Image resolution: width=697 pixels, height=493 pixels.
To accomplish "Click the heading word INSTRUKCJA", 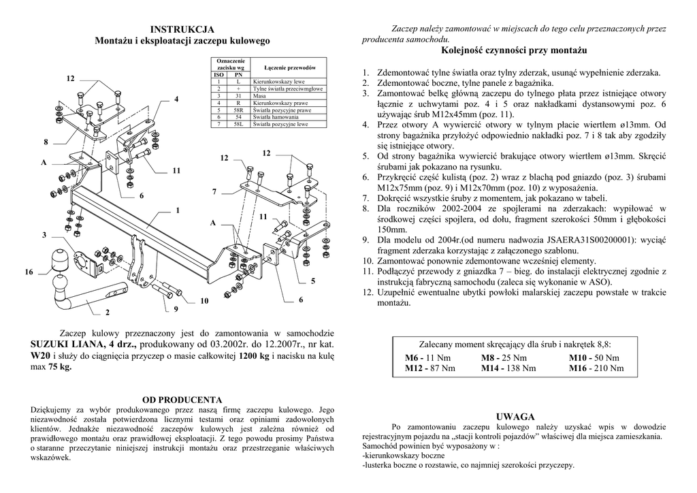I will click(182, 29).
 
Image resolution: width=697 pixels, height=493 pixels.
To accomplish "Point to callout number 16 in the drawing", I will click(29, 272).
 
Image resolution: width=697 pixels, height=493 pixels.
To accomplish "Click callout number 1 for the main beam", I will click(178, 210).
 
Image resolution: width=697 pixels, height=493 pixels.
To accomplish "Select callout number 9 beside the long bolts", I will click(176, 310).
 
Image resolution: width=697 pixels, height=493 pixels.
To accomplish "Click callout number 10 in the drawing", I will click(204, 301).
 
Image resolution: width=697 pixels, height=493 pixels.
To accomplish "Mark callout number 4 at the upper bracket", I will click(176, 99).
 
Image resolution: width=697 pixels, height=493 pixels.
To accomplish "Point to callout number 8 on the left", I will click(46, 142).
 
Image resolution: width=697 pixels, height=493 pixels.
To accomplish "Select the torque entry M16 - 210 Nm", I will click(596, 368).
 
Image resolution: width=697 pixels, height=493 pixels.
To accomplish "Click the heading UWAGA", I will click(515, 416).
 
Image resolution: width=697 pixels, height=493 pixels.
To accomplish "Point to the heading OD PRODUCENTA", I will click(182, 399).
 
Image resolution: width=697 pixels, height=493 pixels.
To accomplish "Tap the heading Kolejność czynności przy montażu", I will click(514, 51).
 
